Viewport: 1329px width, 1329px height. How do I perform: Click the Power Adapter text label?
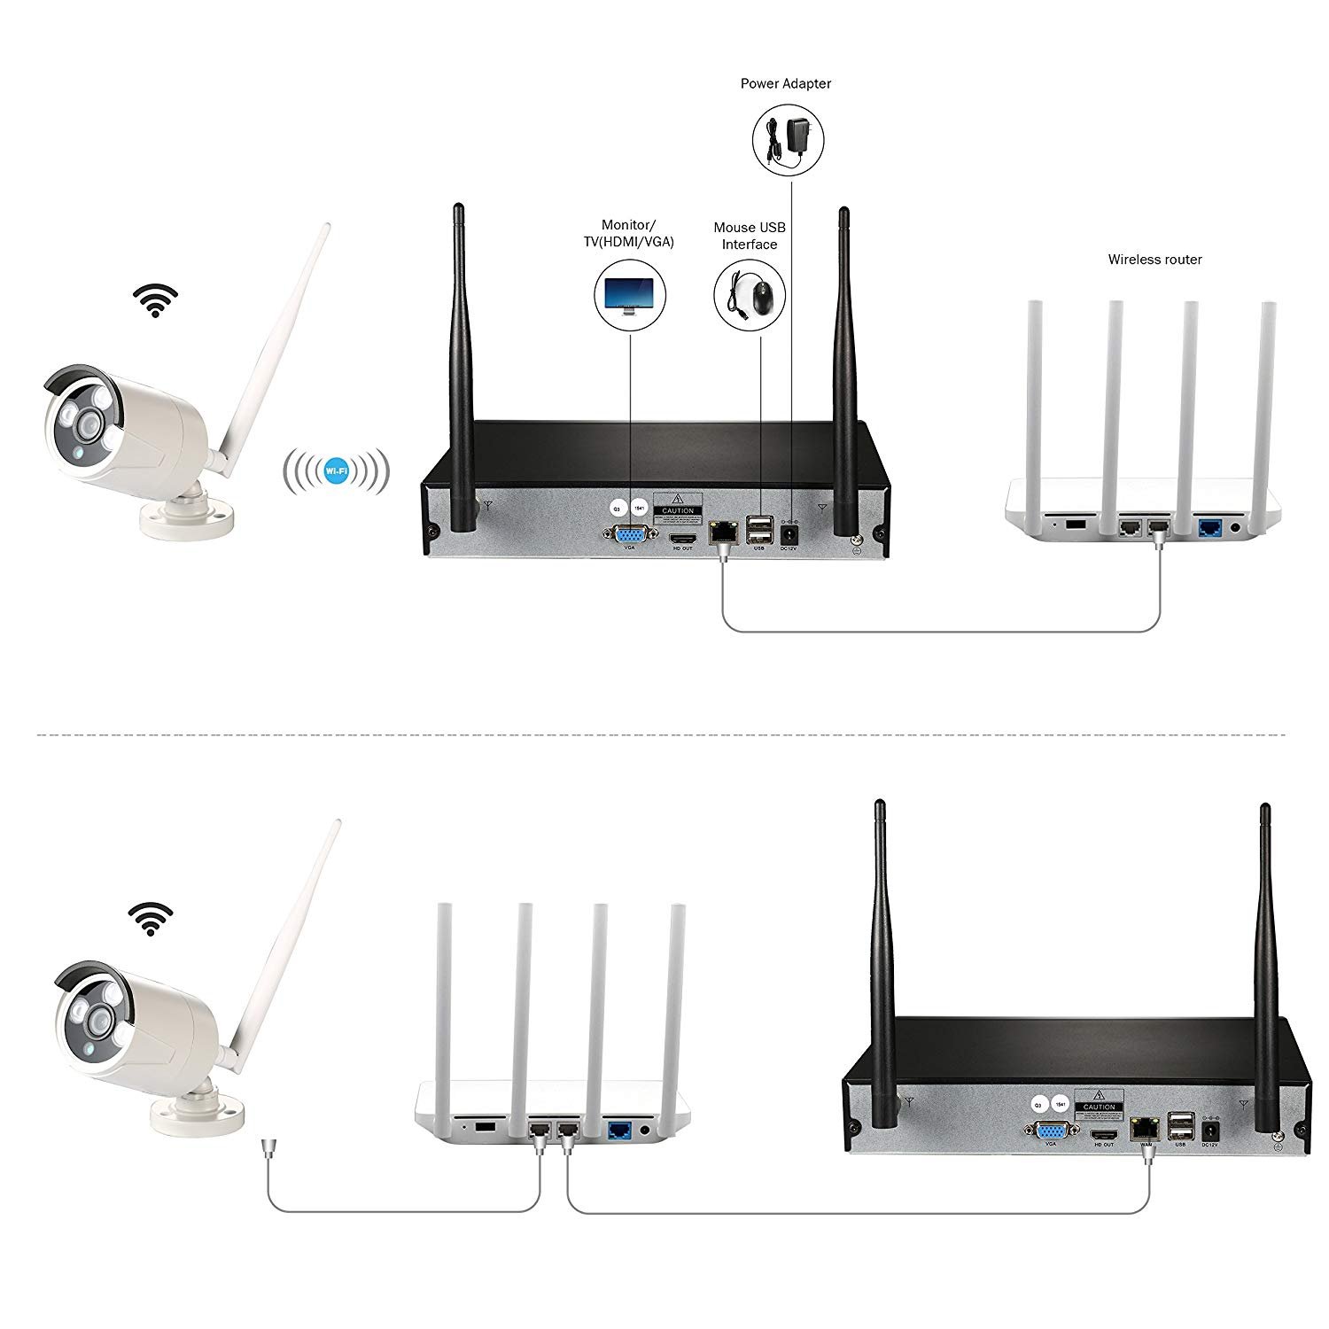click(785, 83)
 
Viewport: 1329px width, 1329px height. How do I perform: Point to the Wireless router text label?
click(1154, 260)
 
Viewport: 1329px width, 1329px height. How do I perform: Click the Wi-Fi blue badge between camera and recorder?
click(336, 469)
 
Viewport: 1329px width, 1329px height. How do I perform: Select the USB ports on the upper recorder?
click(758, 530)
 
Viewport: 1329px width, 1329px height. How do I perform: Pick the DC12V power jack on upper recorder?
click(787, 534)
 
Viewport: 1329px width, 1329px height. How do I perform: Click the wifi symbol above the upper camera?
click(156, 300)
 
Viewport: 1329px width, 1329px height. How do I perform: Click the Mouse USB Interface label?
click(749, 236)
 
